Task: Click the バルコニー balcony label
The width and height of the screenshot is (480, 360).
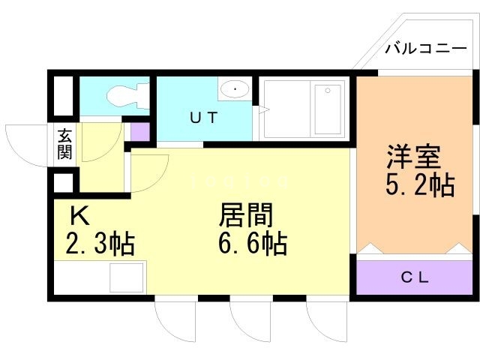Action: (x=426, y=49)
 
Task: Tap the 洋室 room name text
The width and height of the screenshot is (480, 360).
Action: (x=413, y=157)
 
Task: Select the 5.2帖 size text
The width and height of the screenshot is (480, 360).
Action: (x=420, y=185)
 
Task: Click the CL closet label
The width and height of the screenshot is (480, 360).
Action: (x=415, y=277)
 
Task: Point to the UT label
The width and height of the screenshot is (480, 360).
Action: (x=204, y=118)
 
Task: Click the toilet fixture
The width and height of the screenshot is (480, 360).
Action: (x=128, y=95)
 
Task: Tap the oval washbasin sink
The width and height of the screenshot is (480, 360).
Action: (x=235, y=88)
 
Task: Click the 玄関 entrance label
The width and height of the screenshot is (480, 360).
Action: (x=65, y=144)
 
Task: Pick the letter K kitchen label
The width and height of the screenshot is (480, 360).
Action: (x=79, y=215)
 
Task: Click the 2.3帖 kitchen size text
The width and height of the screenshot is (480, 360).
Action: (x=100, y=244)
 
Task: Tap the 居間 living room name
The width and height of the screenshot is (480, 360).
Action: (x=246, y=215)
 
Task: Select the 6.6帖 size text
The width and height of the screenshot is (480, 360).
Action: (x=253, y=244)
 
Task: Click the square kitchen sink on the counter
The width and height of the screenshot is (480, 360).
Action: (x=127, y=277)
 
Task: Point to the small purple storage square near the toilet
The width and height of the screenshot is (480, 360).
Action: (x=140, y=132)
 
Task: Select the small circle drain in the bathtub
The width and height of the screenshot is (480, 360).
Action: (x=328, y=90)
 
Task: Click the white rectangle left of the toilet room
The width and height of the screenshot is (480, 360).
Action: (x=64, y=95)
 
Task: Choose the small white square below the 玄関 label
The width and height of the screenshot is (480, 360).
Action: (x=64, y=183)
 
